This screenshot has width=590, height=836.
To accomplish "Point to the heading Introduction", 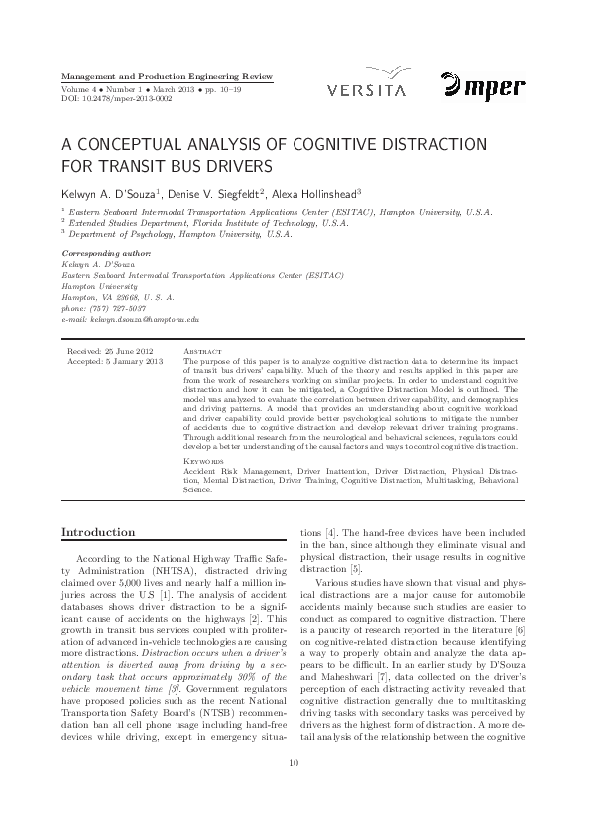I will click(x=99, y=533).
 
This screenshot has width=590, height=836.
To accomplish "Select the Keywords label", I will click(x=203, y=462).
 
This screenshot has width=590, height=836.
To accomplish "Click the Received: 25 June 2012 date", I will click(x=109, y=352).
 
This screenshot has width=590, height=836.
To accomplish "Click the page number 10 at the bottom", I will click(x=294, y=790).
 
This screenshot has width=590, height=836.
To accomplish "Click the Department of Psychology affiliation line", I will click(x=178, y=235).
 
